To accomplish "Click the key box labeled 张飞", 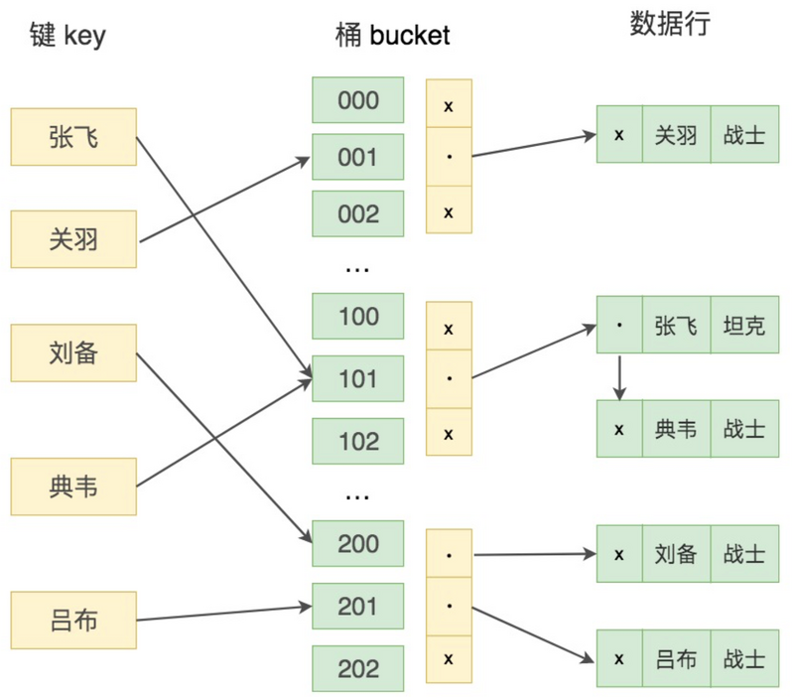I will click(73, 137).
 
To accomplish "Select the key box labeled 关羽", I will click(73, 239).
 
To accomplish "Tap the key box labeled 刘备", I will click(73, 351).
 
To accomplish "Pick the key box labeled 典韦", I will click(73, 487).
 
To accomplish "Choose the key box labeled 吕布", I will click(73, 621).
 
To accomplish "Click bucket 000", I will click(358, 101).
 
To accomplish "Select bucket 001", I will click(358, 158).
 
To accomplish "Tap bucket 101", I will click(358, 378).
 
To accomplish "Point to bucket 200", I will click(358, 543).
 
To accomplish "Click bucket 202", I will click(358, 668).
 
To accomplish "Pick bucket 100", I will click(358, 317).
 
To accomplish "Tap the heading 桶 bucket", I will click(392, 37).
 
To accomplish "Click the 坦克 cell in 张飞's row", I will click(744, 325).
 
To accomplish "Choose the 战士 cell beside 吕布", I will click(744, 658).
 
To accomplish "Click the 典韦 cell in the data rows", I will click(676, 429).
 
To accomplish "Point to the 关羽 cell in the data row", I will click(676, 134).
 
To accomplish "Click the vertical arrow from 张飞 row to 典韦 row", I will click(619, 376).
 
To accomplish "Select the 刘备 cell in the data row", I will click(676, 554).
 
